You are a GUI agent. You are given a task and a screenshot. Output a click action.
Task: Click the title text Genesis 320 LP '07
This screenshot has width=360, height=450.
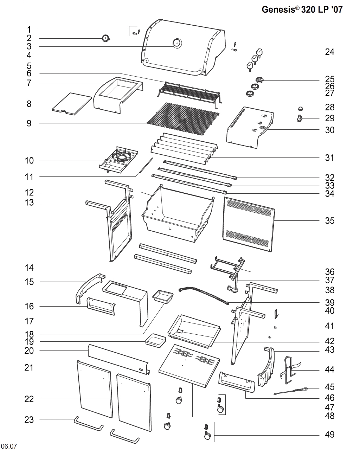tap(302, 9)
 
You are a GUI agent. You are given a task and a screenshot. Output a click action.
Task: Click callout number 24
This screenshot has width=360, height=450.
tap(329, 52)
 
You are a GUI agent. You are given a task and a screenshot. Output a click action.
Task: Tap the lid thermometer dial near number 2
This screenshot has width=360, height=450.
tap(105, 39)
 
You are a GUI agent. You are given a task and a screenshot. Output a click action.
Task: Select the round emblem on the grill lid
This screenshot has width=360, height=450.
tap(176, 43)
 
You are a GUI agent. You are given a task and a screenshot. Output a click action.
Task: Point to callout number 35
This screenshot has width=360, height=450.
tap(329, 221)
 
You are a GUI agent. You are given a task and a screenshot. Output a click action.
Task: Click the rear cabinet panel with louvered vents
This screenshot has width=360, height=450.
tap(249, 224)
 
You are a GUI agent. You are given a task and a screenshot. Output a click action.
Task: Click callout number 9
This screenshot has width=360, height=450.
tap(29, 123)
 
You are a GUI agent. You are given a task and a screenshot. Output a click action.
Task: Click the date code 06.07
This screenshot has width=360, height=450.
tap(8, 446)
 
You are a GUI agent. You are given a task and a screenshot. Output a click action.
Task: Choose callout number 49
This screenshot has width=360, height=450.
tap(329, 435)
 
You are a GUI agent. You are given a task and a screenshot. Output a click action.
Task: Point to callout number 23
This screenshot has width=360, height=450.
tap(29, 419)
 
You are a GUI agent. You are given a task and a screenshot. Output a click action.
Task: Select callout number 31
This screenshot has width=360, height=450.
tap(329, 158)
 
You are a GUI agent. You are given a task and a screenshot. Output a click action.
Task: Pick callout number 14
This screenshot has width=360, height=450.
tap(29, 268)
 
